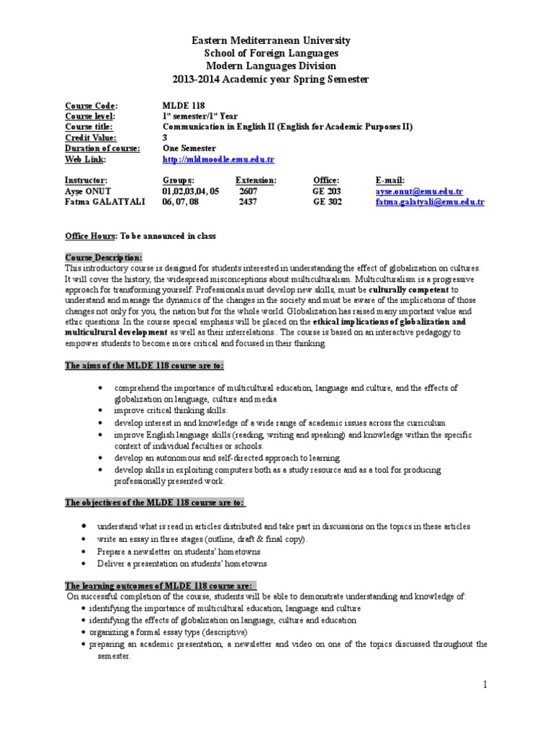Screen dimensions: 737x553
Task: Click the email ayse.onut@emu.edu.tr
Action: click(x=419, y=191)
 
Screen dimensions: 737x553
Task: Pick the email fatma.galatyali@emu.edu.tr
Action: click(x=430, y=202)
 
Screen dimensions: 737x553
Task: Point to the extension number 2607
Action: click(x=247, y=191)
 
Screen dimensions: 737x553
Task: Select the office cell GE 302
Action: click(x=327, y=202)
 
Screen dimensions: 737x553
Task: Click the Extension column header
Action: click(x=256, y=180)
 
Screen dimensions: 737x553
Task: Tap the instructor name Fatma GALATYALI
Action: click(x=105, y=202)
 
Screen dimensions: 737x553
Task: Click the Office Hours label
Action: click(x=91, y=236)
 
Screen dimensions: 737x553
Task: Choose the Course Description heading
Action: click(x=104, y=257)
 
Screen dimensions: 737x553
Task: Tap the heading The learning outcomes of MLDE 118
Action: click(x=161, y=585)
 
